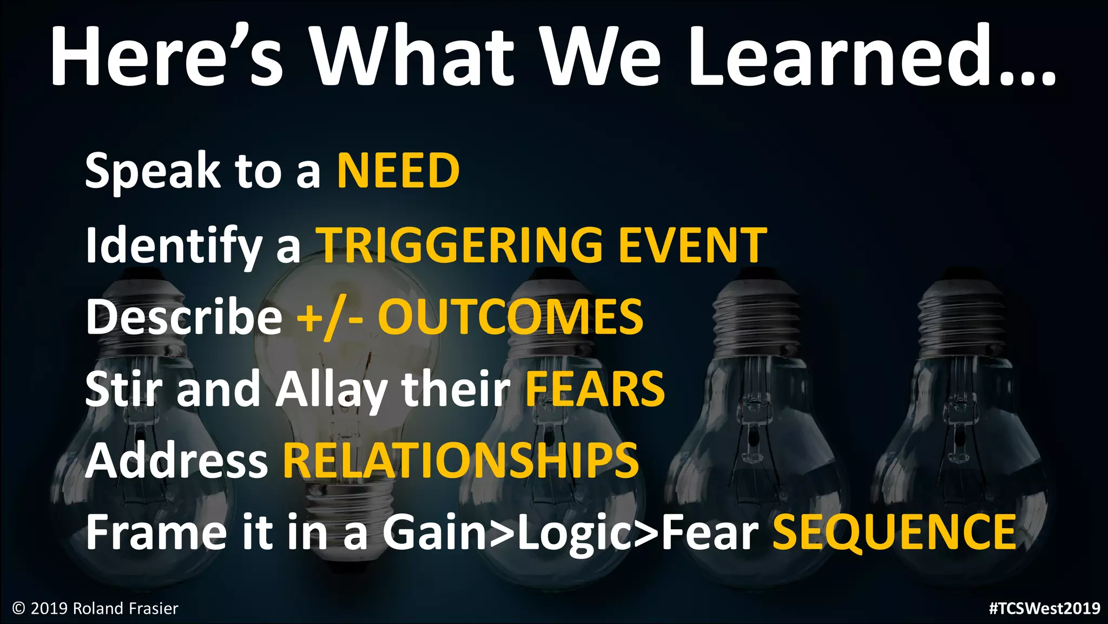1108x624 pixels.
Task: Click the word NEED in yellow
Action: point(398,171)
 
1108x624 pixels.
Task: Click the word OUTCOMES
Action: point(510,317)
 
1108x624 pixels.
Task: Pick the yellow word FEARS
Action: point(595,389)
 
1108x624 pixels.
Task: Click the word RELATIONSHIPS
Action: point(461,460)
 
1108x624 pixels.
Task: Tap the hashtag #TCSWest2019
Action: point(1044,608)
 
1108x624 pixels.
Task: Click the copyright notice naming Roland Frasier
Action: point(95,609)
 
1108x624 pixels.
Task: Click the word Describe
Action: point(184,317)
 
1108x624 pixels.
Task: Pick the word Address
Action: point(176,460)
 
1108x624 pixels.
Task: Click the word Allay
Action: point(331,390)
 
